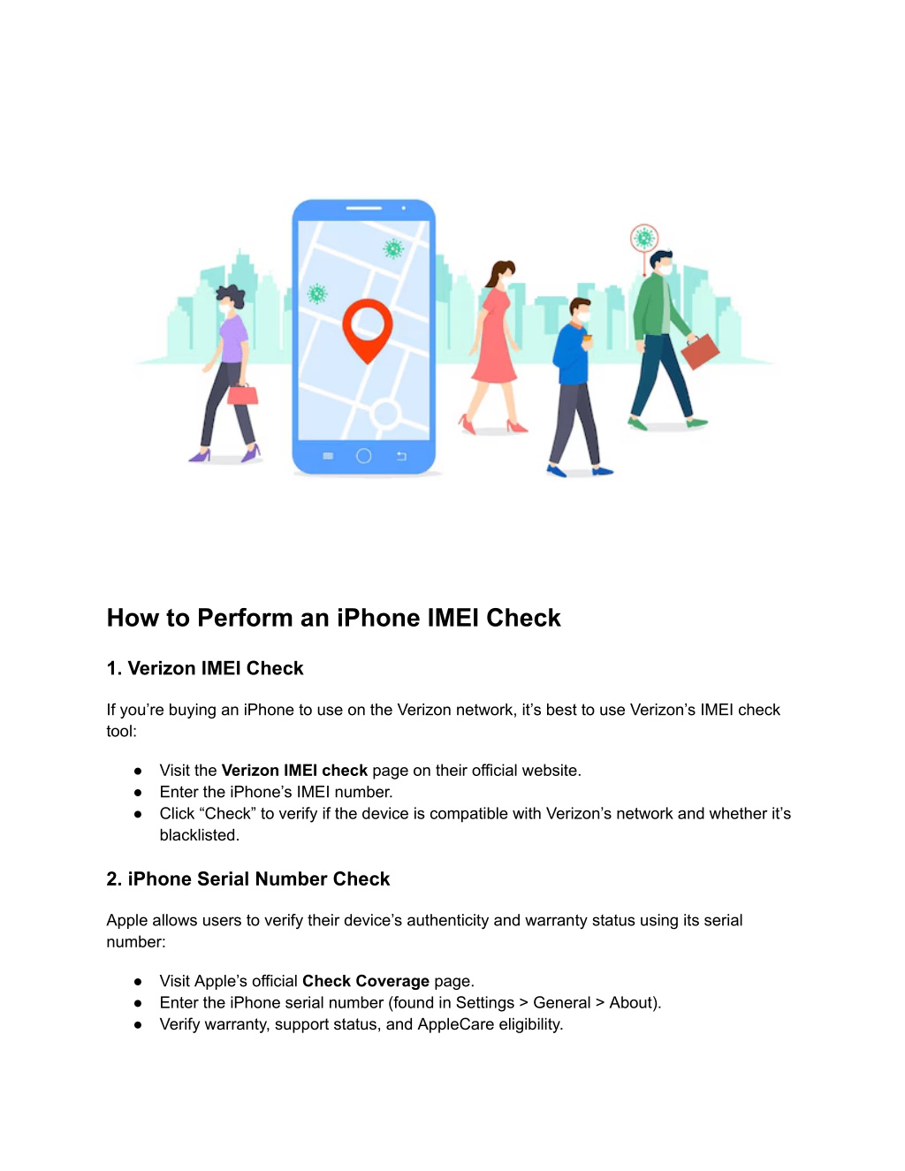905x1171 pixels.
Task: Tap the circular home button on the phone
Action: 363,456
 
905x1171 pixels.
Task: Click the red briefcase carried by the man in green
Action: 700,352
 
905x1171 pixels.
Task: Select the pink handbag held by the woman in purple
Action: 242,394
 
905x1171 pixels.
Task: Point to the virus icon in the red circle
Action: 644,238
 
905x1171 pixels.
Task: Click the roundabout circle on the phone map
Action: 385,414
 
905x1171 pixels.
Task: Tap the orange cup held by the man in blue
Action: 587,339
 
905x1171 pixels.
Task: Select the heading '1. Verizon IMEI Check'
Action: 205,668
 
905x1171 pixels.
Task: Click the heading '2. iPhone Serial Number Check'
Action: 247,879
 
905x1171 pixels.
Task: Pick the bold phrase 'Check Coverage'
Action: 366,981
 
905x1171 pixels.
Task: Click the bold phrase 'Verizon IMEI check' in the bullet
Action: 294,770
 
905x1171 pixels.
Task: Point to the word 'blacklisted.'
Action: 200,835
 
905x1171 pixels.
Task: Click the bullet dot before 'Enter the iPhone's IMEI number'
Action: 138,793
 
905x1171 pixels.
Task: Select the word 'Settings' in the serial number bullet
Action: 485,1002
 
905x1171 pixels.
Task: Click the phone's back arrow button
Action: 401,456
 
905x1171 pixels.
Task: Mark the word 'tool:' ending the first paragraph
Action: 122,731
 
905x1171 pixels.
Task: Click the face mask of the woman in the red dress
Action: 506,279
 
